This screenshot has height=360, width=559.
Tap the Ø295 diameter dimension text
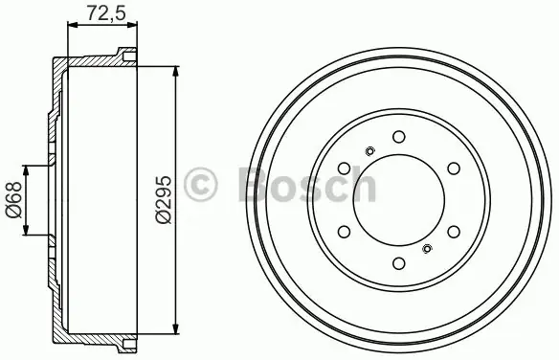164,199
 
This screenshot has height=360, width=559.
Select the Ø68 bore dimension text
13,200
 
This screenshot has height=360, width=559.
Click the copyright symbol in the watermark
200,185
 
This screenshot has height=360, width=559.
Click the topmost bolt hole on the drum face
399,137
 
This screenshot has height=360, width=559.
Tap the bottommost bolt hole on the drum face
399,263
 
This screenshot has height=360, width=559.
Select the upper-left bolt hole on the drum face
344,169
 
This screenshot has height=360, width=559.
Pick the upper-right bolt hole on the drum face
454,169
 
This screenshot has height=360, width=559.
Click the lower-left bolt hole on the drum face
344,232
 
